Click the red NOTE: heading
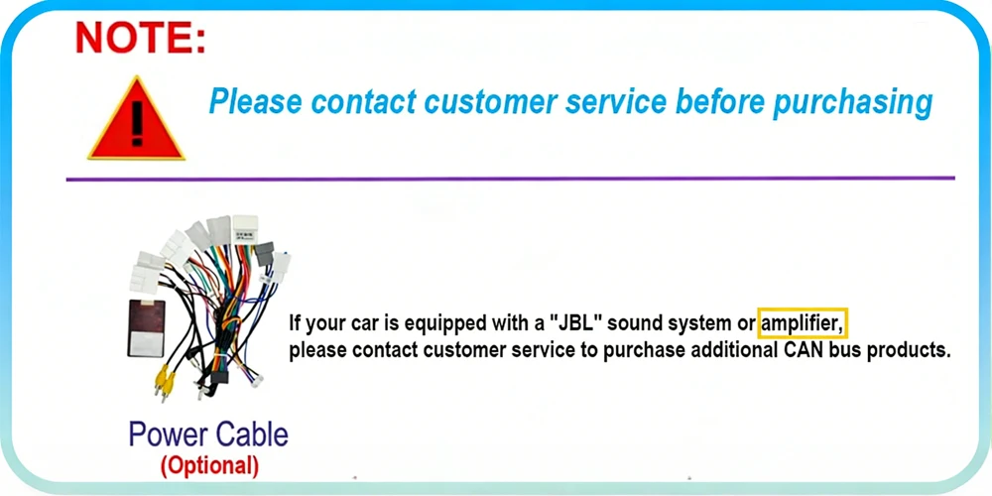pyautogui.click(x=140, y=38)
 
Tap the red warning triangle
pyautogui.click(x=136, y=119)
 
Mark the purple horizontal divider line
pyautogui.click(x=510, y=179)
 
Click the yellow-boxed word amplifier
pyautogui.click(x=803, y=324)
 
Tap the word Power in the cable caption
pyautogui.click(x=169, y=434)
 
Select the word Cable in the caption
pyautogui.click(x=252, y=434)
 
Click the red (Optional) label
pyautogui.click(x=209, y=465)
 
